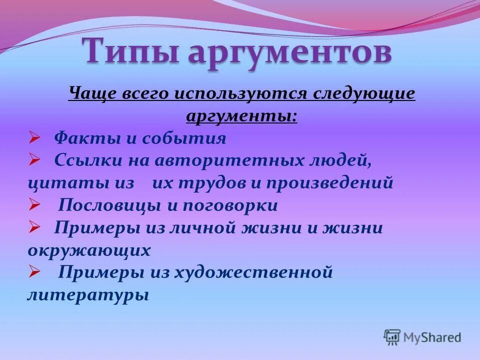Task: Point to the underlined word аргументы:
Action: point(241,116)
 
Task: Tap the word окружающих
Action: point(89,250)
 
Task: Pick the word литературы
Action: point(88,295)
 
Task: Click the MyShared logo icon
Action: point(392,336)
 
